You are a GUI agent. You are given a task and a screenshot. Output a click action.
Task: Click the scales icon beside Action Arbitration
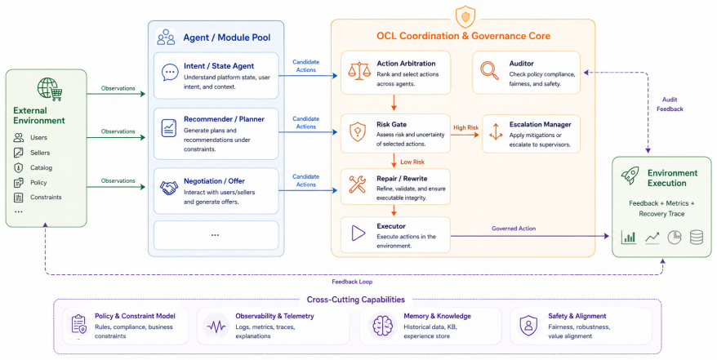click(359, 71)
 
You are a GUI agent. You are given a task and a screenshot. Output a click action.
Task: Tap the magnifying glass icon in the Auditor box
click(490, 71)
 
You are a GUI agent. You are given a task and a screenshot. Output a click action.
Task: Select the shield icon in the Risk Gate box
click(357, 131)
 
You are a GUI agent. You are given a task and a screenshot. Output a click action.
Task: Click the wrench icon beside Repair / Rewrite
click(357, 184)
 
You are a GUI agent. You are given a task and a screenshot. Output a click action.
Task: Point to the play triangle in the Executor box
click(358, 233)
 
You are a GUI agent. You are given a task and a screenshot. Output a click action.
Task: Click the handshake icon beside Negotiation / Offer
click(169, 188)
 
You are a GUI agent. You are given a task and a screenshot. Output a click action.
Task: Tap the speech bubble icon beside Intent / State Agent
click(170, 72)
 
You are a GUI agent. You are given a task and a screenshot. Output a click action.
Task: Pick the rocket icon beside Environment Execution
click(630, 176)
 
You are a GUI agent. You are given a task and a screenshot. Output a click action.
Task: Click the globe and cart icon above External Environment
click(50, 89)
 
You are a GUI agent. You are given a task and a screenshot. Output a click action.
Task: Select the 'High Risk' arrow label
click(466, 128)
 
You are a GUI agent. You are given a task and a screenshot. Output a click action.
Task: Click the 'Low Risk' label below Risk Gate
click(412, 162)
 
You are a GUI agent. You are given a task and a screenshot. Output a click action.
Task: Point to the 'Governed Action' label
click(514, 229)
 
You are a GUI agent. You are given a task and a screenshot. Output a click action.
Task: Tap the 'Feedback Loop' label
click(352, 282)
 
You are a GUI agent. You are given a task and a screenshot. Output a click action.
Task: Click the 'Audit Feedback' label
click(670, 104)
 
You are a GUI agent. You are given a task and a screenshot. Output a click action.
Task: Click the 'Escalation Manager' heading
click(540, 124)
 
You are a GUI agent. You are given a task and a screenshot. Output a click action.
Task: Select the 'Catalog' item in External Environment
click(41, 167)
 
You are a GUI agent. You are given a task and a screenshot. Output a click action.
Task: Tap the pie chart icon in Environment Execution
click(675, 237)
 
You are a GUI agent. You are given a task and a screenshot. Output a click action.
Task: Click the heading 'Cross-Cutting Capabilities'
click(356, 300)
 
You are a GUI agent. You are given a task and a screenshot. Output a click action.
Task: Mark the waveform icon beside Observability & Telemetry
click(216, 326)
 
